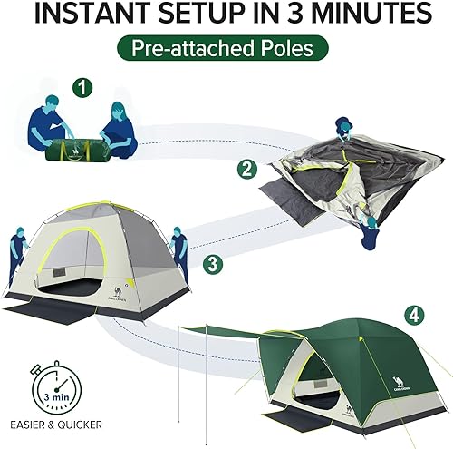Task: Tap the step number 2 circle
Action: tap(246, 169)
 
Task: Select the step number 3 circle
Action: tap(211, 265)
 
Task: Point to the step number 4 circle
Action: tap(414, 316)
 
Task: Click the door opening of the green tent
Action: tap(317, 381)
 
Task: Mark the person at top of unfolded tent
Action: tap(342, 134)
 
